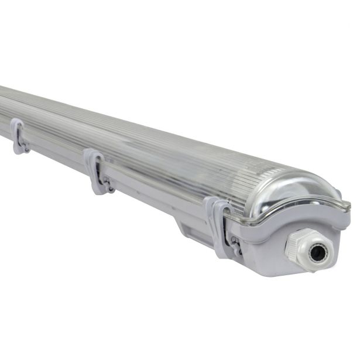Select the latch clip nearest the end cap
pyautogui.click(x=218, y=225)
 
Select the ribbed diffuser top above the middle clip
pyautogui.click(x=117, y=140)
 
